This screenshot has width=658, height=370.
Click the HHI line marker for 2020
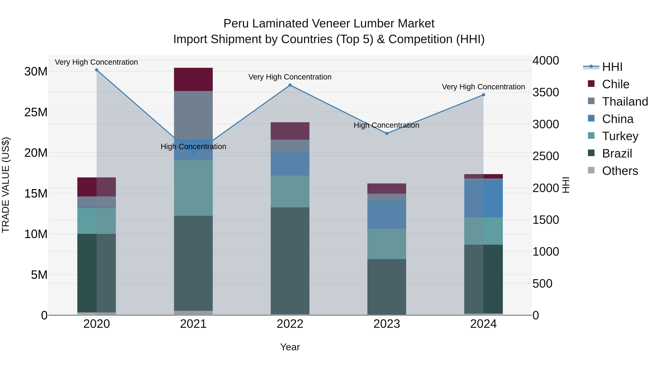coord(97,70)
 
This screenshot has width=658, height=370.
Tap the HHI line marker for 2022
coord(290,85)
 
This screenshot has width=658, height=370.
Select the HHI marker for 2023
coord(387,134)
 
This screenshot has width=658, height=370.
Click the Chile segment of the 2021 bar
coord(193,79)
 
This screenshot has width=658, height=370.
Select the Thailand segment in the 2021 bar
coord(193,115)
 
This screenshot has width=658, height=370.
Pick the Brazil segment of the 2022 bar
coord(290,260)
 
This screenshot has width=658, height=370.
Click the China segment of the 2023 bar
coord(387,215)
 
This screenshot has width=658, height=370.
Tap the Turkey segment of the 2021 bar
coord(193,188)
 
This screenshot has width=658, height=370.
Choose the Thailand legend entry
coord(625,102)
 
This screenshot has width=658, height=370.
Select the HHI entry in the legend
coord(612,67)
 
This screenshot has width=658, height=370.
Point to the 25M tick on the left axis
coord(36,112)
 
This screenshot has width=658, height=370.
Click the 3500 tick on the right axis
coord(546,92)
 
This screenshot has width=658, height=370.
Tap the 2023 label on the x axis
coord(387,324)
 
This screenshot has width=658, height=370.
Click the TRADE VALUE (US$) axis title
coord(6,185)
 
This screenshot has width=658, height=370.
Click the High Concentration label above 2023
coord(386,125)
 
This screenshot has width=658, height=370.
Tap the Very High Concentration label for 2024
coord(483,87)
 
